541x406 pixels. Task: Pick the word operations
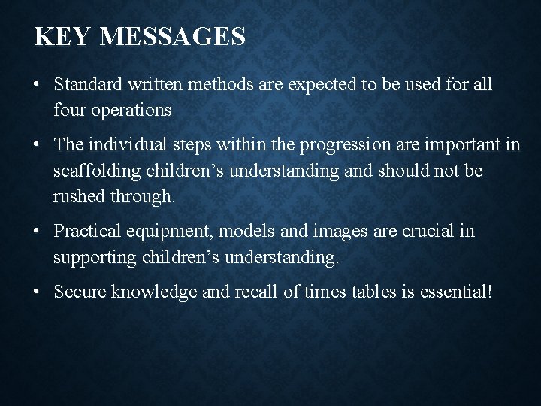(x=131, y=110)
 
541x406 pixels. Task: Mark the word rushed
(x=78, y=197)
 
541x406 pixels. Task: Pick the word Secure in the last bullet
(x=80, y=291)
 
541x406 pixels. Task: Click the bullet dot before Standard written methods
(x=36, y=84)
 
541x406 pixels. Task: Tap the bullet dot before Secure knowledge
(x=36, y=291)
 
